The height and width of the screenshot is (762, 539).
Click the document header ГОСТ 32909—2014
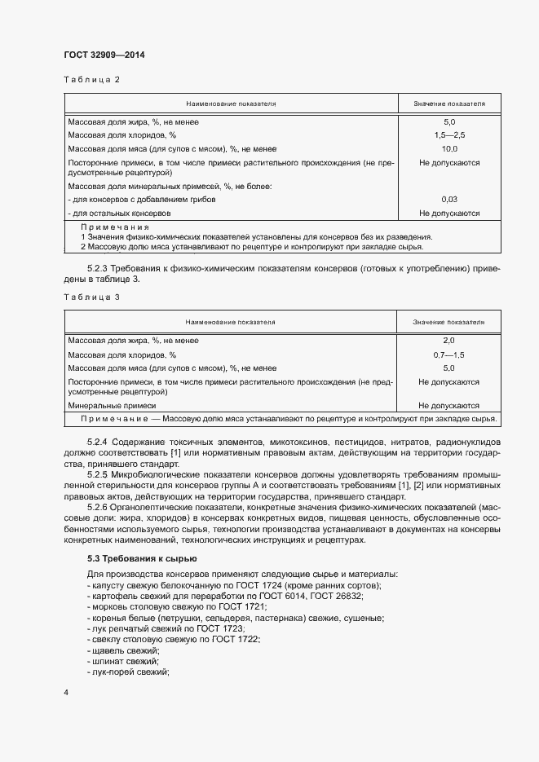coord(104,55)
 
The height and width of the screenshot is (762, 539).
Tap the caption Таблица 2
coord(91,80)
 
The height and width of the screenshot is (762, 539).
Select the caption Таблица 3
coord(91,297)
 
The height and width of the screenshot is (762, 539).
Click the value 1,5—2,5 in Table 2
coord(449,135)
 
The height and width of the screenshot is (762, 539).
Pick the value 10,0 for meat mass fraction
coord(449,149)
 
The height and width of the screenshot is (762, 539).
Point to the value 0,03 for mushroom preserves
coord(449,199)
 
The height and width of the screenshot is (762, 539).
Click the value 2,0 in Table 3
coord(449,340)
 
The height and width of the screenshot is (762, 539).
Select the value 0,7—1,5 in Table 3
coord(449,355)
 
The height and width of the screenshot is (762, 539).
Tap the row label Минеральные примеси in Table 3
coord(112,405)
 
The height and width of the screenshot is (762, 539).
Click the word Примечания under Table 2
coord(115,227)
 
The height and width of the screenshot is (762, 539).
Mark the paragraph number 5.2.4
coord(98,442)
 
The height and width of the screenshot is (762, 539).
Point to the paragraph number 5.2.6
coord(98,506)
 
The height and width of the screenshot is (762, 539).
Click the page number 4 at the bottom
coord(66,692)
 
